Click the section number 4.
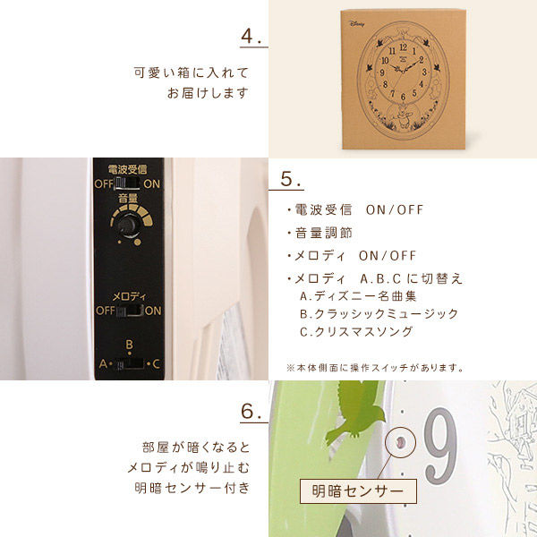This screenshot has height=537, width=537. point(251,36)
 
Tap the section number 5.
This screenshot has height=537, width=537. point(290,178)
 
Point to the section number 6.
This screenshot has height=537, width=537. point(251,412)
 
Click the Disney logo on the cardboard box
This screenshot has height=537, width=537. point(357,24)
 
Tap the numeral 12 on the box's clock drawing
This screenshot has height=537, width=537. point(404,47)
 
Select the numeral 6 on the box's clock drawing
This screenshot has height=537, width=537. point(403,97)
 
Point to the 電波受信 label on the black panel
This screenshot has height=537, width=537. point(127,169)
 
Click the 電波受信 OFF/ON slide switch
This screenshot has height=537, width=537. point(127,183)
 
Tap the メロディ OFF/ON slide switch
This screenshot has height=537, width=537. point(129,311)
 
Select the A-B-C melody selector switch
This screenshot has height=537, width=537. point(130,363)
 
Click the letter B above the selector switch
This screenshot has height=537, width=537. point(129,345)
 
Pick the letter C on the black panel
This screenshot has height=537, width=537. point(156,363)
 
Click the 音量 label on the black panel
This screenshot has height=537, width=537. point(128,198)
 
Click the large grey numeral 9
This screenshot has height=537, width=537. point(440,446)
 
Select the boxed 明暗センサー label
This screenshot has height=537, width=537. point(358,491)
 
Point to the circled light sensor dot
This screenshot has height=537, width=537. point(400,442)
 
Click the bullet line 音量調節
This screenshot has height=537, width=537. point(320,233)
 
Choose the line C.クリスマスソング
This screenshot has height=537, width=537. point(356,331)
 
